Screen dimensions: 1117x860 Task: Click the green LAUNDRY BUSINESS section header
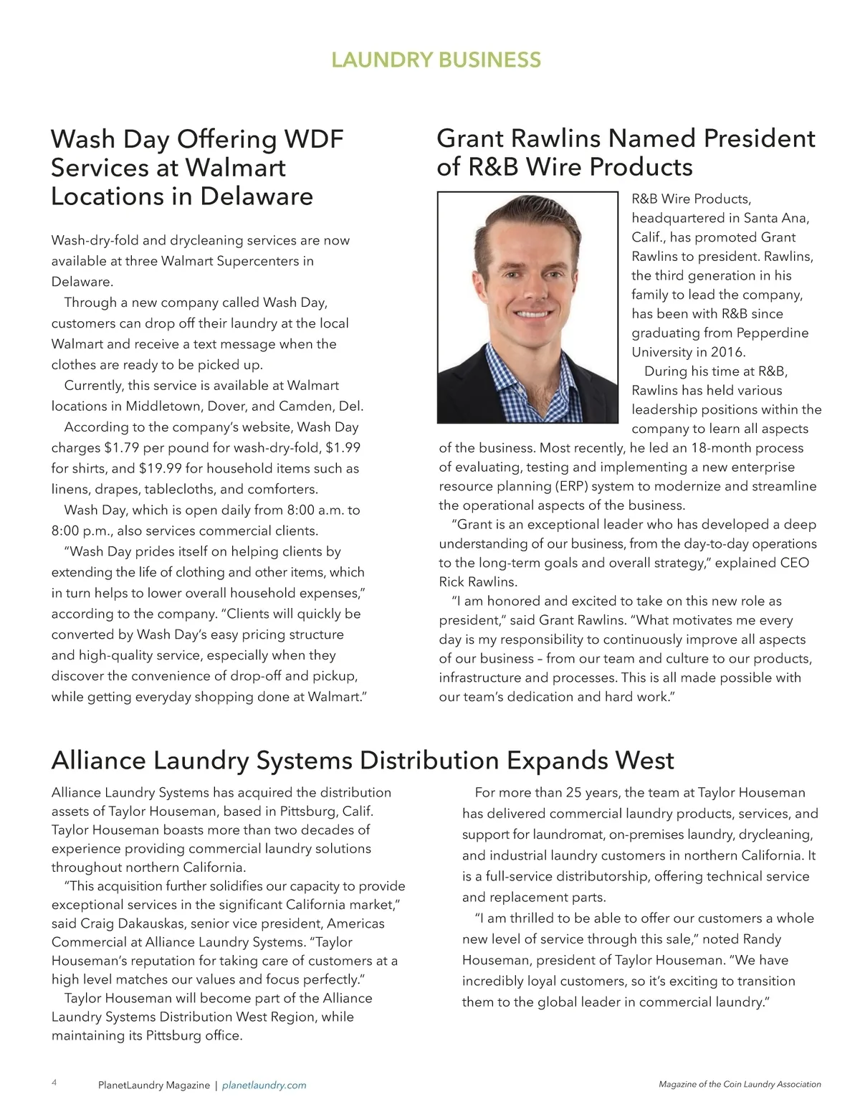click(436, 60)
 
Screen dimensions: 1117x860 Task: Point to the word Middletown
click(164, 407)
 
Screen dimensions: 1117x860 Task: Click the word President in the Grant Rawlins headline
click(759, 138)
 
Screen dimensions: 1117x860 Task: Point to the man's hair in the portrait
click(527, 215)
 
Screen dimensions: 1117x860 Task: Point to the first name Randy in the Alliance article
click(762, 939)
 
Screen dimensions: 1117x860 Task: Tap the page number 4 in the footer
click(54, 1083)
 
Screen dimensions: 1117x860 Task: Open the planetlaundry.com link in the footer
click(264, 1085)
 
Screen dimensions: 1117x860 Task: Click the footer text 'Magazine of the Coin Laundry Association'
click(740, 1085)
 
